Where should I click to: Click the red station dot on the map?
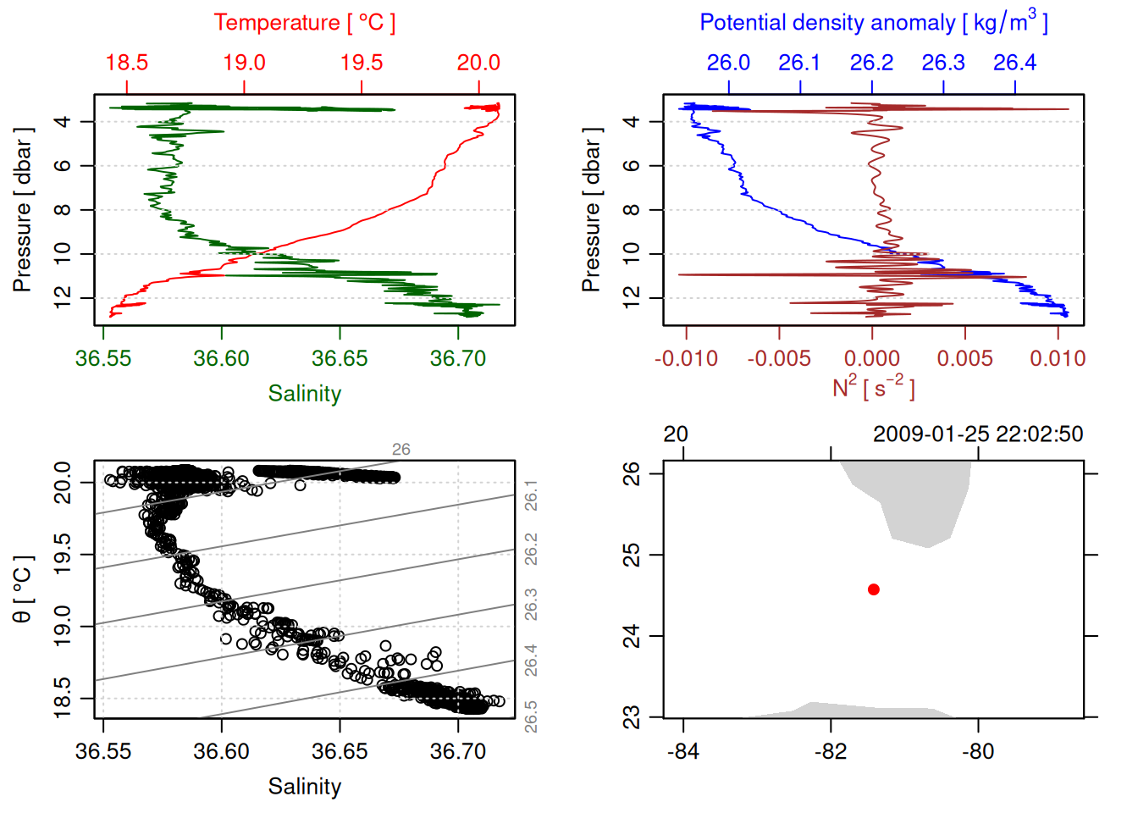(x=874, y=589)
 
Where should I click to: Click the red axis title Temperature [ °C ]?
(x=304, y=23)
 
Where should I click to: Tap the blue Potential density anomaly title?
(x=873, y=23)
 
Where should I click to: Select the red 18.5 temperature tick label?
(x=127, y=63)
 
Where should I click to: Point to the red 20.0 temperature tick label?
(x=478, y=63)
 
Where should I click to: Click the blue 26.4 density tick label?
(x=1014, y=63)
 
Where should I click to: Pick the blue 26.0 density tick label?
(x=728, y=63)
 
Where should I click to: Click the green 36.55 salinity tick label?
(x=103, y=358)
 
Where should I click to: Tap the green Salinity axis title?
(x=305, y=394)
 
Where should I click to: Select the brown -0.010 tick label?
(x=686, y=358)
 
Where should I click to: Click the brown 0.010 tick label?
(x=1058, y=358)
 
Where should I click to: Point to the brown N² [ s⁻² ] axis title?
(x=873, y=388)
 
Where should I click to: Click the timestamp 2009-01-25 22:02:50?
(x=978, y=434)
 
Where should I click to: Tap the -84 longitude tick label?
(x=683, y=751)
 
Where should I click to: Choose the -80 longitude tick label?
(x=978, y=751)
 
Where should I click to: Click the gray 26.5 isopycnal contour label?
(x=531, y=716)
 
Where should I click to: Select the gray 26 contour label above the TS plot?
(x=401, y=450)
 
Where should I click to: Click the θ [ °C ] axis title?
(x=22, y=589)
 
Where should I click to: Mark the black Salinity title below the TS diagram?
(x=305, y=787)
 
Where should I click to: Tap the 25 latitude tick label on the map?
(x=632, y=556)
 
